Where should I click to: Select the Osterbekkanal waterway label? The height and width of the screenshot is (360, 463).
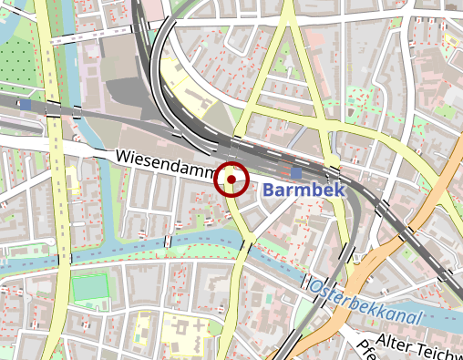[368, 304]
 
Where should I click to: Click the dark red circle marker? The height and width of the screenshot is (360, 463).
[232, 180]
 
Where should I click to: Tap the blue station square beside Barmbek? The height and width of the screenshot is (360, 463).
[296, 172]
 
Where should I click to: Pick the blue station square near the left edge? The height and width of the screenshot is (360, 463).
[25, 105]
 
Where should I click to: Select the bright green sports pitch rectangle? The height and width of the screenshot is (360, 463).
[89, 287]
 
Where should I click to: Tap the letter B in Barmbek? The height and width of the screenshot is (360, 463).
[269, 190]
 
